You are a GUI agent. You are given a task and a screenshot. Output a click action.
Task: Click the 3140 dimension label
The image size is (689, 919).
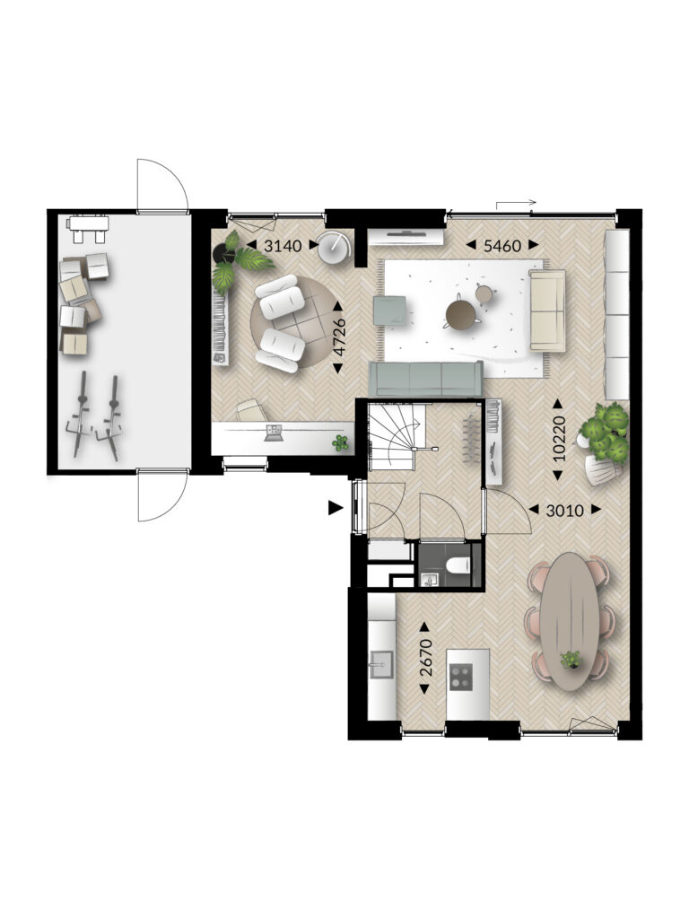pos(283,246)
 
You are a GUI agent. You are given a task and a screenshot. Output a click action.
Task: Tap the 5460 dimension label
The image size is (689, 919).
pos(502,246)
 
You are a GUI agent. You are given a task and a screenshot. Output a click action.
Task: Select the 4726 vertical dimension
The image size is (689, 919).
pos(339,337)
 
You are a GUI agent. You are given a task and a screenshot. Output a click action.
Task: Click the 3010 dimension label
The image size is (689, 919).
pos(565,511)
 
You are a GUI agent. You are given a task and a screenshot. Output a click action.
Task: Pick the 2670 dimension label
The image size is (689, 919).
pos(426,658)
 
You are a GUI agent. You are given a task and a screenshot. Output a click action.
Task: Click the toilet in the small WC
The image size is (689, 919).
pos(458,565)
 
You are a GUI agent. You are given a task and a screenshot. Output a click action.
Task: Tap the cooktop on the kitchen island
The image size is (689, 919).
pos(460,676)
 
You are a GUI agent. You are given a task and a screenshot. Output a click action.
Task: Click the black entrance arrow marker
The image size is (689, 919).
pos(335,508)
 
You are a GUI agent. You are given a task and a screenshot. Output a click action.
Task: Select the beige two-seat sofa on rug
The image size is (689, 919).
pos(547,310)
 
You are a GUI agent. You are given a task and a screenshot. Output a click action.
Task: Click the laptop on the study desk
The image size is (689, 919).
pos(274,433)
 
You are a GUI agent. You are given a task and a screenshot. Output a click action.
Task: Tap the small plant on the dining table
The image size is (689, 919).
pos(570,660)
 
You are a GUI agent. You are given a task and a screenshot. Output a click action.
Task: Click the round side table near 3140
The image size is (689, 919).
pos(334,249)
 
